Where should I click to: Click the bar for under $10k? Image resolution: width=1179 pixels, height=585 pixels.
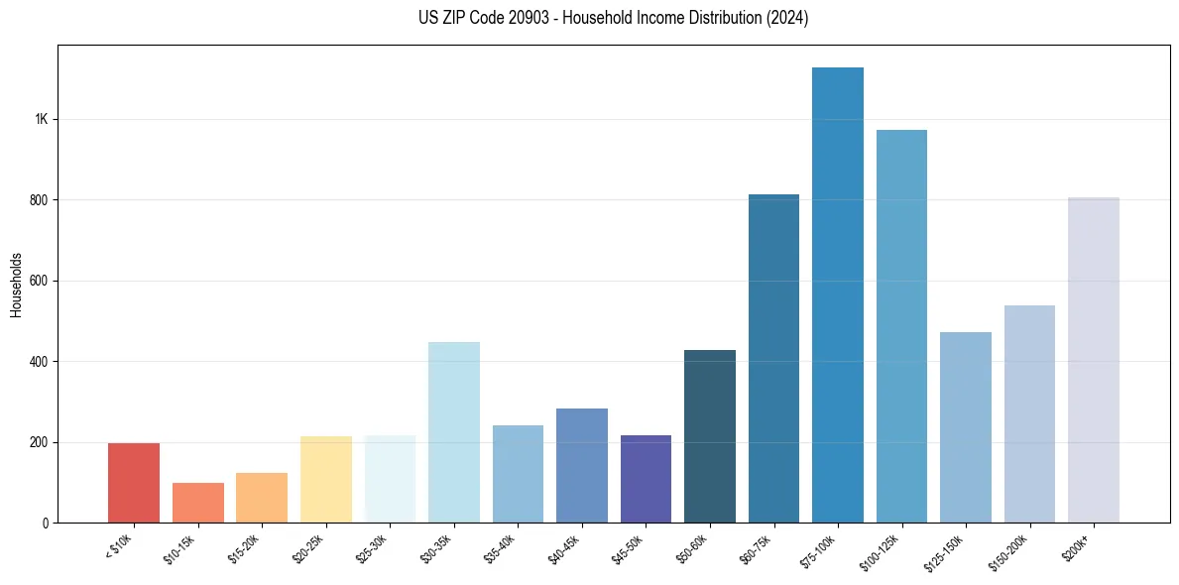134,483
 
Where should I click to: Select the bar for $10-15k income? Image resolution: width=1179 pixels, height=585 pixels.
198,503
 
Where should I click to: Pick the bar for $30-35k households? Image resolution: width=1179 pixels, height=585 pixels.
454,432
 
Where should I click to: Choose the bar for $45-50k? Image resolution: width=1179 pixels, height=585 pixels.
646,479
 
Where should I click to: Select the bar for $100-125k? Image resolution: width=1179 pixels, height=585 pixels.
901,326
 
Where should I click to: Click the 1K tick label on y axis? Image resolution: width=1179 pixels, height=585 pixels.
41,119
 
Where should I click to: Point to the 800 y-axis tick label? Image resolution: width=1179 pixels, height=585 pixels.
39,200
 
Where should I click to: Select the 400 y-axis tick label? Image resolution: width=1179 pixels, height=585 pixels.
39,362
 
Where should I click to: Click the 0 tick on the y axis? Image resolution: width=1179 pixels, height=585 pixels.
45,523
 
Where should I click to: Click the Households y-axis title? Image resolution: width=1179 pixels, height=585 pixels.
16,285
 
